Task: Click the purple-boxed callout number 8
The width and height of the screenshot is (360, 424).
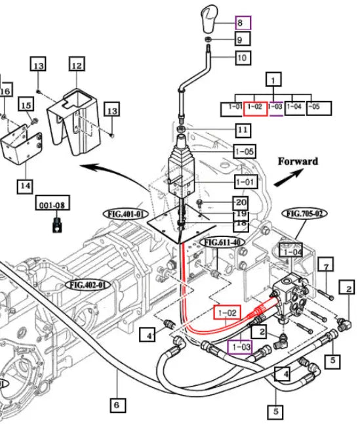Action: pos(243,23)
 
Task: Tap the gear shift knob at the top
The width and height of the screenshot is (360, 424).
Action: pos(210,18)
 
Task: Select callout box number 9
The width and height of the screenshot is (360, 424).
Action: pos(242,39)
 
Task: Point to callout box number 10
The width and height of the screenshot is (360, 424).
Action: pos(243,58)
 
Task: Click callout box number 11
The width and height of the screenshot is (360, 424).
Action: pos(243,131)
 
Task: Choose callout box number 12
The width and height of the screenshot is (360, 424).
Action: pos(77,64)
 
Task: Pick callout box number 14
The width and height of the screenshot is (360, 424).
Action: pos(26,186)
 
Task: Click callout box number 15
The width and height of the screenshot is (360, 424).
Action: pos(26,104)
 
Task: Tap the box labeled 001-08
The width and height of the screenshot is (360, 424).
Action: pos(52,203)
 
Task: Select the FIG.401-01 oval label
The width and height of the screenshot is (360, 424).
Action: pos(126,214)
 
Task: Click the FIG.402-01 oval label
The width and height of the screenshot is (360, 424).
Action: pos(89,285)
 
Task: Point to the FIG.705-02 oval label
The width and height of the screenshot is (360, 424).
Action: pos(305,213)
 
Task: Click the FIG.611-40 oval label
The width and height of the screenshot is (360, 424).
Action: pos(222,242)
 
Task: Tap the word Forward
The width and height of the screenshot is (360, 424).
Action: pos(298,161)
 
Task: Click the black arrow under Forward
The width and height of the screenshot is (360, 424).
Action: pos(289,178)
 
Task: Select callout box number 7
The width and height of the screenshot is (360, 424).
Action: pos(326,265)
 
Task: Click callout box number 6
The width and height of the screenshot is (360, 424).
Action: pos(118,405)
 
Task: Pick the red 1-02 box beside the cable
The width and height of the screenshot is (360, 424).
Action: pos(227,312)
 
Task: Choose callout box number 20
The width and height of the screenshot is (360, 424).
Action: pos(241,201)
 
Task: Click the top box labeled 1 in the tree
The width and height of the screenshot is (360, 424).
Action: pos(273,79)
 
